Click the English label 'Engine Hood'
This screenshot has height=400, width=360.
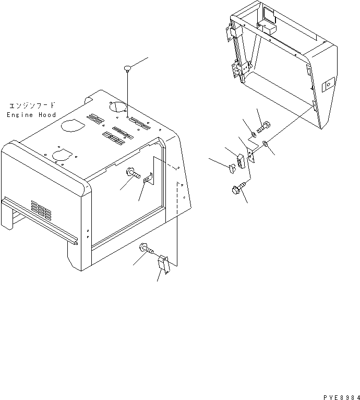click(31, 115)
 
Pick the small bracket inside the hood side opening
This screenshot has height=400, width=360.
click(147, 179)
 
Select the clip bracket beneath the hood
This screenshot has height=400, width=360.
click(163, 264)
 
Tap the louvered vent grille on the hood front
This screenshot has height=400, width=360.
click(41, 210)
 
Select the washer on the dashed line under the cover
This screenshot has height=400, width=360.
click(266, 144)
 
